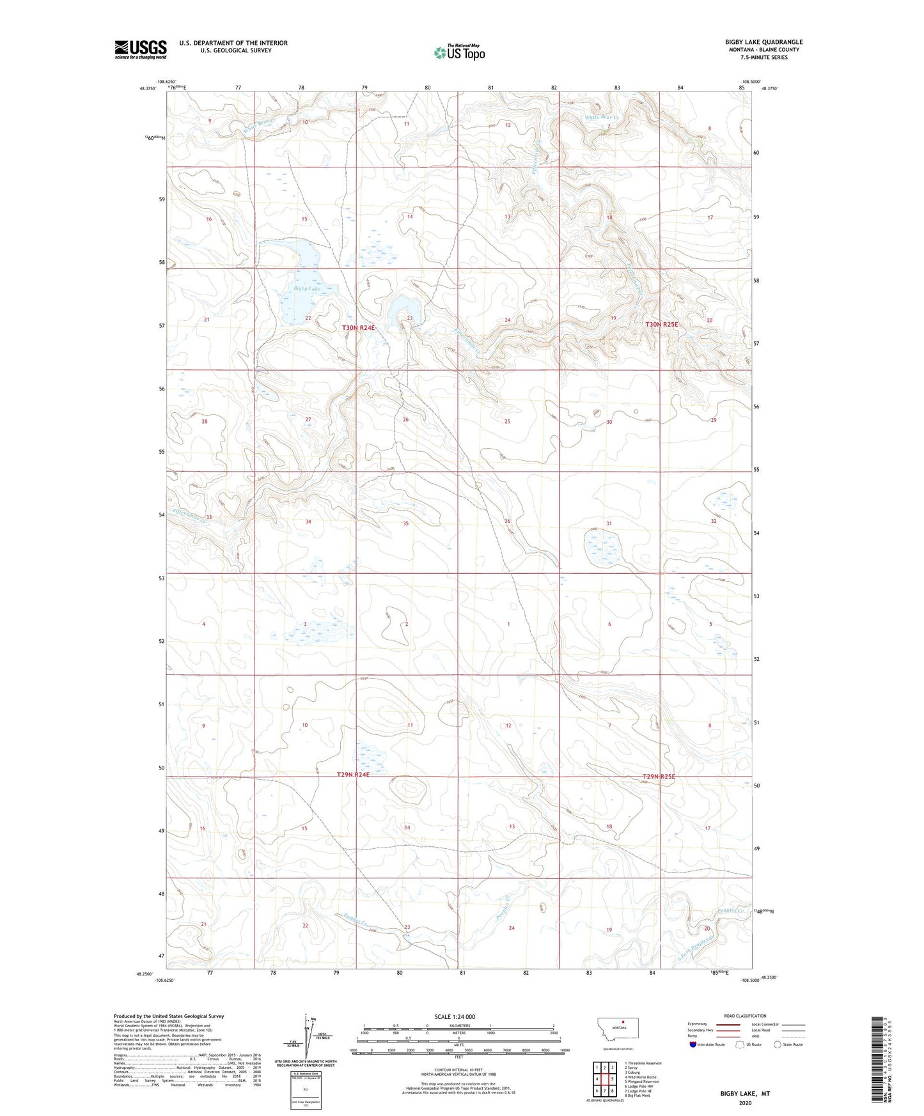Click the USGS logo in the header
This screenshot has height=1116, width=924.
pos(141,49)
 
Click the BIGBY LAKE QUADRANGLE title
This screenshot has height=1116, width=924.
pos(763,42)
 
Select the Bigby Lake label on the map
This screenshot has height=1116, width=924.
pos(307,289)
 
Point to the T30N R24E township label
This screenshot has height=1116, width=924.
pos(358,328)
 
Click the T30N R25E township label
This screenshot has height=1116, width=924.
pos(661,325)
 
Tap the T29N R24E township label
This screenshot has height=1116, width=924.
pos(354,775)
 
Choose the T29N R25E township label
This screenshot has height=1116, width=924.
pos(659,777)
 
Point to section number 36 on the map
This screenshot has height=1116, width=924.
pos(508,521)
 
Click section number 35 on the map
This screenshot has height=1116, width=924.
pos(405,523)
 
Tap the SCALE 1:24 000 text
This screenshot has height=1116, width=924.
pos(455,1016)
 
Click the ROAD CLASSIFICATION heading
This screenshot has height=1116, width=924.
pos(745,1016)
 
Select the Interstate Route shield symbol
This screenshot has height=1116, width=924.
pos(694,1044)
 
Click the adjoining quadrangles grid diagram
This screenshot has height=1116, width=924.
pos(604,1077)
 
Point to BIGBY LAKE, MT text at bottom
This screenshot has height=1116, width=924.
pos(745,1094)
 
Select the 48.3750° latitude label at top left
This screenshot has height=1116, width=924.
pos(146,89)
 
